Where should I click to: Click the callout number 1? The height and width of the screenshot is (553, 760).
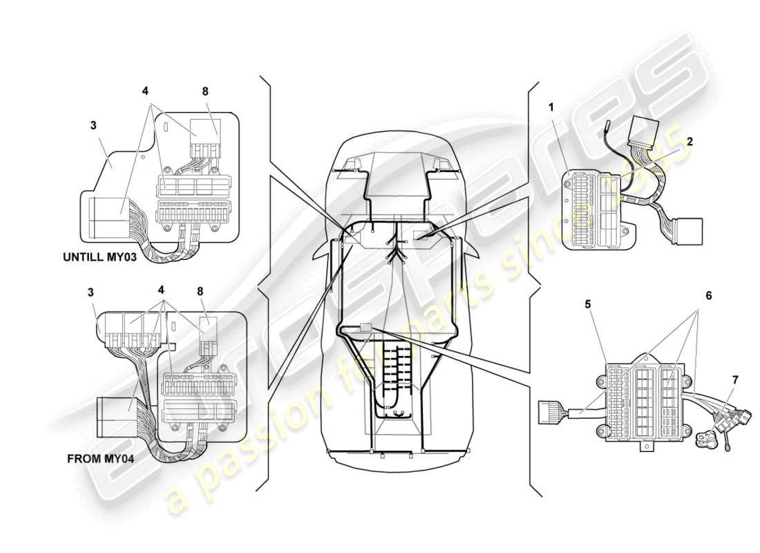(551, 107)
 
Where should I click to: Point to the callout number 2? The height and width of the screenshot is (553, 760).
(689, 140)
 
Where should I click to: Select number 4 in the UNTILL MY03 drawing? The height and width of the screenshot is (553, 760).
(145, 91)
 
